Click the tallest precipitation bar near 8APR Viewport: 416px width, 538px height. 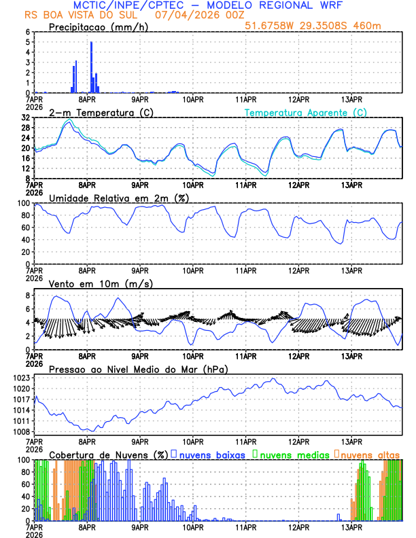91,67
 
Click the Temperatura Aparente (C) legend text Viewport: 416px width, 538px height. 306,112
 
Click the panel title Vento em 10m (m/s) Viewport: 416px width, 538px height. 101,283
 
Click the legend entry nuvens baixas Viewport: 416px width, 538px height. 213,454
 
